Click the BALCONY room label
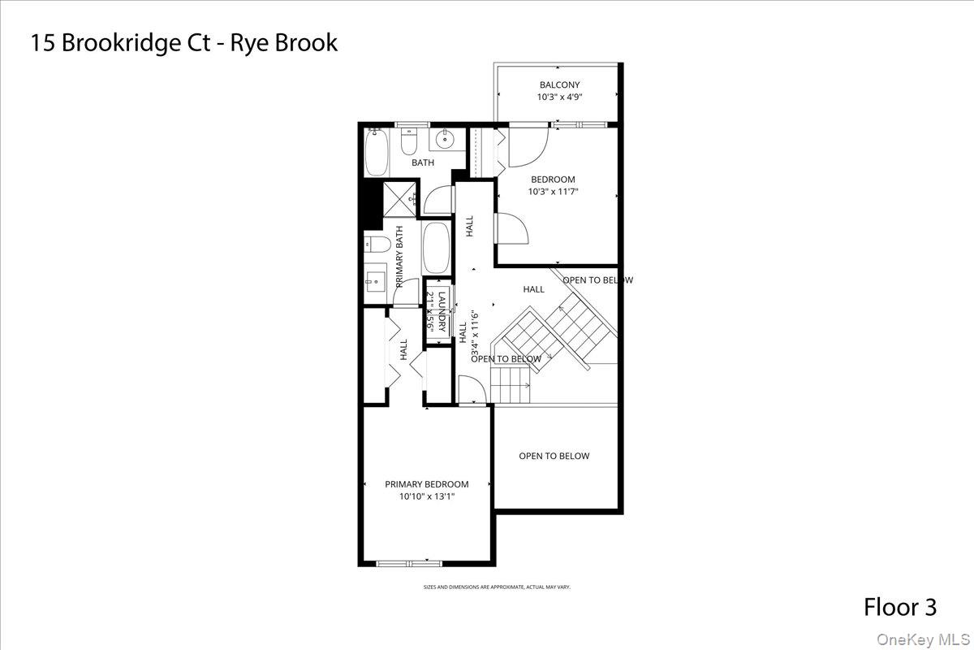tap(559, 84)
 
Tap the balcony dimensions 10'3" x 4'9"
tap(559, 97)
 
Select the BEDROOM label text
tap(553, 180)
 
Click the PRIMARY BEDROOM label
tap(426, 484)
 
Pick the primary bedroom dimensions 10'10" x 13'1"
tap(426, 496)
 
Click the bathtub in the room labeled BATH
tap(377, 154)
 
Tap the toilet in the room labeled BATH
tap(409, 144)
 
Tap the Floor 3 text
tap(899, 607)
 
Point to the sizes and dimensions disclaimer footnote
tap(496, 587)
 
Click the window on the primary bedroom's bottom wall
tap(409, 562)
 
